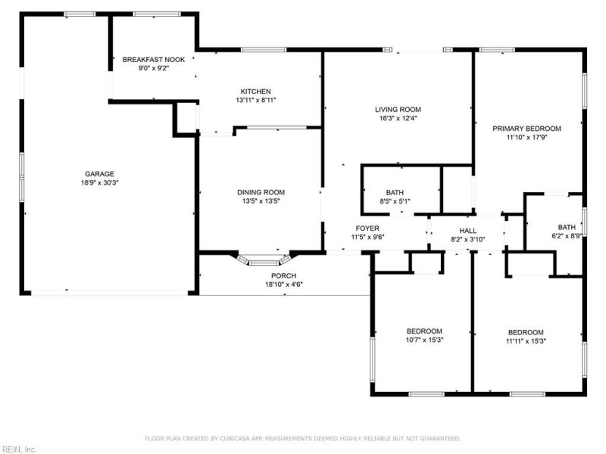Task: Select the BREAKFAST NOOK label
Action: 154,59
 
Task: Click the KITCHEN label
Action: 256,91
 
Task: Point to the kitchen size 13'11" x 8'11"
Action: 256,100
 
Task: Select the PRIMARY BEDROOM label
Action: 526,128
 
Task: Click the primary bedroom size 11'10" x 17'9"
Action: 526,137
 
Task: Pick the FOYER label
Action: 367,228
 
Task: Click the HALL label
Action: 467,230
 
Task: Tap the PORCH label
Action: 284,275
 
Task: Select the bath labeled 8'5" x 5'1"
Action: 395,197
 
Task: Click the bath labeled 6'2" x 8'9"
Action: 567,231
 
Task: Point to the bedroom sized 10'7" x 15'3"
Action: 425,335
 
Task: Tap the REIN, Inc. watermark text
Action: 20,449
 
